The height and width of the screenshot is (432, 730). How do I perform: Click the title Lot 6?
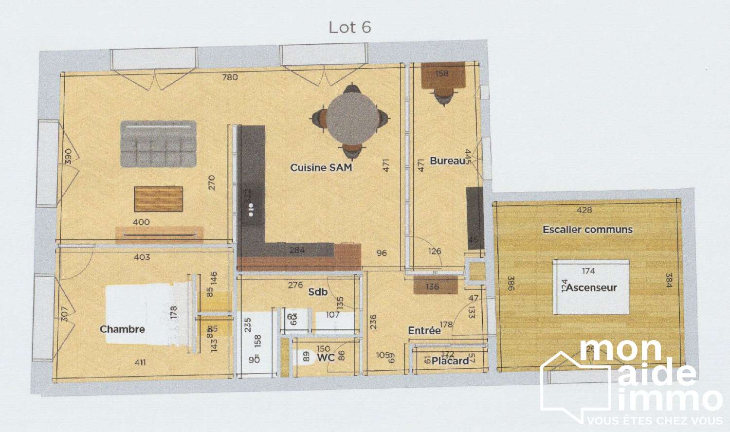(350, 27)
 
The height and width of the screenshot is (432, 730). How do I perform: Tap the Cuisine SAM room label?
(321, 167)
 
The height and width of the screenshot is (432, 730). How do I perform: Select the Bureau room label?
(447, 161)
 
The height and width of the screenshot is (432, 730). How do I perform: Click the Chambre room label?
(122, 329)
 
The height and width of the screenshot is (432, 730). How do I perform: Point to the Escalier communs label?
(587, 230)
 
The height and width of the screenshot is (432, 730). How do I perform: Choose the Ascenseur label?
(591, 288)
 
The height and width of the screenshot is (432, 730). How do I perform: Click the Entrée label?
(424, 331)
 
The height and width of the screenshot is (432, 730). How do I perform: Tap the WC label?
(326, 358)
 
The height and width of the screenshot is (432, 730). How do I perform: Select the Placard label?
(450, 361)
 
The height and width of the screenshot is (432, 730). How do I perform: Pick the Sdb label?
(318, 292)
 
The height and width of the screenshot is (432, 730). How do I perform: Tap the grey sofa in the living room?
(158, 144)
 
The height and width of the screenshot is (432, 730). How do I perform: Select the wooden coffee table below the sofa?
(158, 199)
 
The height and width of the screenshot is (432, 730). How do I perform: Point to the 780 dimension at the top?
(230, 77)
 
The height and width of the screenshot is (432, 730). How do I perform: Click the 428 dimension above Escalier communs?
(584, 210)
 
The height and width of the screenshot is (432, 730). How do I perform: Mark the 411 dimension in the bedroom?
(140, 362)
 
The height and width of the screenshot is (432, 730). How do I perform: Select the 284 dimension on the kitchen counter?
(297, 250)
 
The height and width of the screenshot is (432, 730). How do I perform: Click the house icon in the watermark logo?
(574, 387)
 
